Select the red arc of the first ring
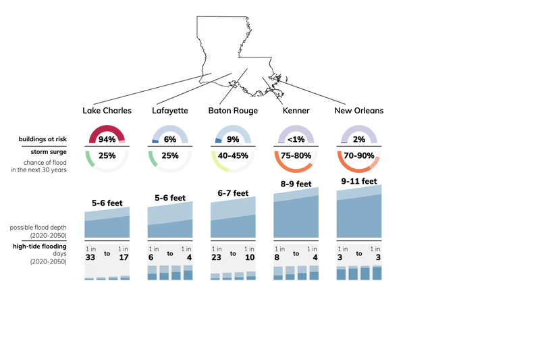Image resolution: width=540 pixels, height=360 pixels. click(107, 130)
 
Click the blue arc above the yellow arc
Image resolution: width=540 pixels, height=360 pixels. click(234, 130)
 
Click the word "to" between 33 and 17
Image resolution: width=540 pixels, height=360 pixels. click(107, 255)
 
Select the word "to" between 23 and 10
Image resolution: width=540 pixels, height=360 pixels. click(233, 255)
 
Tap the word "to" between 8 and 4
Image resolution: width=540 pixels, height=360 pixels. click(295, 255)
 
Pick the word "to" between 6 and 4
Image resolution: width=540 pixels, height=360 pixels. click(170, 255)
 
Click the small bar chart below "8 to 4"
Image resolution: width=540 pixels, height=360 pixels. click(296, 274)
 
